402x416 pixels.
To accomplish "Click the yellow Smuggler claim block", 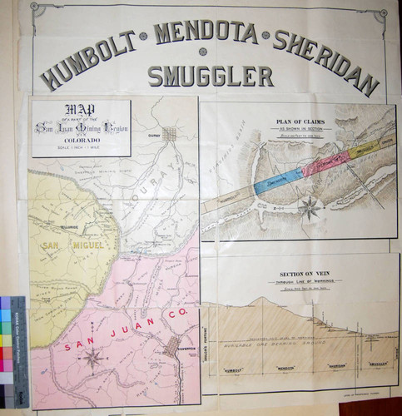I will click(364, 151).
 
